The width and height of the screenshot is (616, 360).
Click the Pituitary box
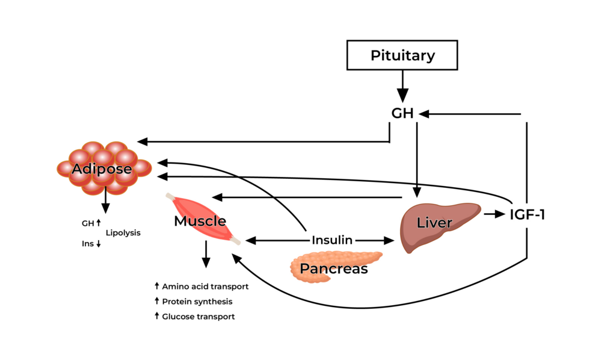(402, 56)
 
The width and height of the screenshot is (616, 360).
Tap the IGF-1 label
(527, 214)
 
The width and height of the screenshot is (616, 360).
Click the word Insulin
(331, 240)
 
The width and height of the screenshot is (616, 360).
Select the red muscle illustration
(202, 219)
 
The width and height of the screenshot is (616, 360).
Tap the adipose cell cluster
(102, 169)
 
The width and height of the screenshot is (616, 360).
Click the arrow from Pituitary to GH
(402, 84)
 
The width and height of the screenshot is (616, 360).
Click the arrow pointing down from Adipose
(106, 202)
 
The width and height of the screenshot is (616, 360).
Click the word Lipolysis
(123, 233)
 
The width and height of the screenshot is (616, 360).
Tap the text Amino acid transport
(205, 287)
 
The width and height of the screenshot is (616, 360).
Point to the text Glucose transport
(198, 317)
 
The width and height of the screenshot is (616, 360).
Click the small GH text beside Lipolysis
(88, 223)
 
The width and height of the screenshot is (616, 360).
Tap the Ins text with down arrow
(88, 244)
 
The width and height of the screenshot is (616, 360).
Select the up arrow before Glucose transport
(156, 316)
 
